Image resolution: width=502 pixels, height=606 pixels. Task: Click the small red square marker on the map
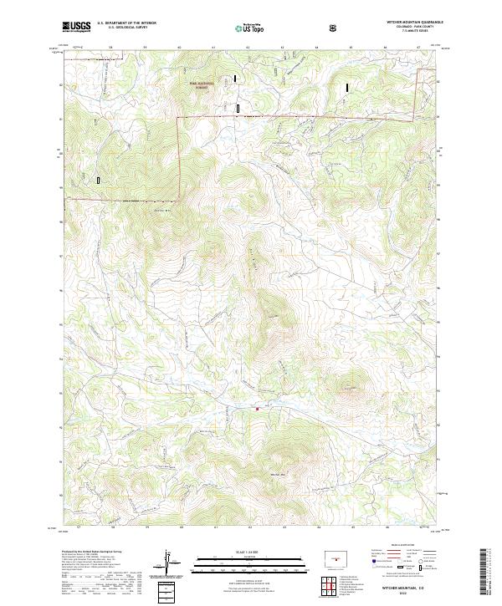(258, 408)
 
